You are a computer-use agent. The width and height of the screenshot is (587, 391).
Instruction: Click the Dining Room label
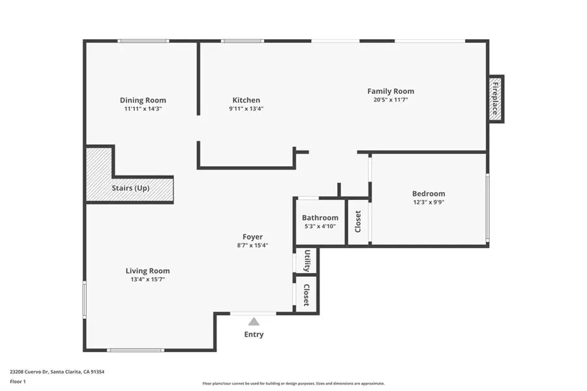[x=143, y=100]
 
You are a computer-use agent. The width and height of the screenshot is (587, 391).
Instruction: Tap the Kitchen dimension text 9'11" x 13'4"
[x=247, y=109]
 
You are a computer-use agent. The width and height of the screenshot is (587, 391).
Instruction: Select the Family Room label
[x=390, y=91]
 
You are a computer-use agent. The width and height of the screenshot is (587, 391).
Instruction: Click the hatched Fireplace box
[x=495, y=98]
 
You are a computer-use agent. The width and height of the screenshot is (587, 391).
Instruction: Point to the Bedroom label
[x=429, y=194]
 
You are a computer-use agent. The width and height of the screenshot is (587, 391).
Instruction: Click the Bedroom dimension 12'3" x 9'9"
[x=429, y=202]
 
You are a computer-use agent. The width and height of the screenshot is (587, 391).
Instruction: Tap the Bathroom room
[x=320, y=222]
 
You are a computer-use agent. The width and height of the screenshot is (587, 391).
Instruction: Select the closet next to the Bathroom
[x=357, y=222]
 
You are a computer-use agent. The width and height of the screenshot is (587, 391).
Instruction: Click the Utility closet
[x=306, y=261]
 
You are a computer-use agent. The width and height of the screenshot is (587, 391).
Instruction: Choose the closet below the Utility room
[x=306, y=295]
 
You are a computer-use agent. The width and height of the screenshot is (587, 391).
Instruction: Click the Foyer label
[x=252, y=237]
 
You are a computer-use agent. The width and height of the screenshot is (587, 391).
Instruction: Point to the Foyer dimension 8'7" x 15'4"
[x=252, y=246]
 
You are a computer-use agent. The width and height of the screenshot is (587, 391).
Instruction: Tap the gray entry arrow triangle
[x=254, y=321]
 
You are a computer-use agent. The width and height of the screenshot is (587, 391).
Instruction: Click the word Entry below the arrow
[x=254, y=335]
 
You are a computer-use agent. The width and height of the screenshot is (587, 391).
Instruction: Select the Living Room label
[x=147, y=270]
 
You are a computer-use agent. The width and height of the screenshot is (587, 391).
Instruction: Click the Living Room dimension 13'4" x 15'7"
[x=147, y=280]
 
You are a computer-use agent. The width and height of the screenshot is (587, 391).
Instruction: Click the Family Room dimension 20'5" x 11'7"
[x=390, y=100]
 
